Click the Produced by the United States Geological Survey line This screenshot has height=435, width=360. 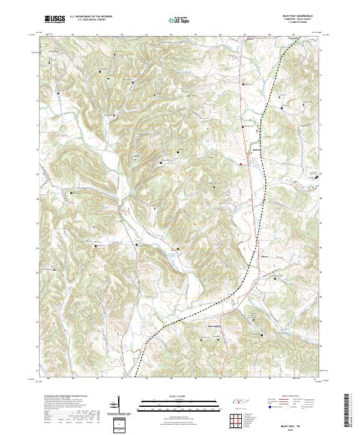62,397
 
